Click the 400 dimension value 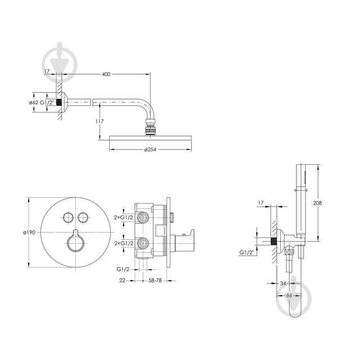[106, 74]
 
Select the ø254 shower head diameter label [150, 150]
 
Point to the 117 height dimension [100, 121]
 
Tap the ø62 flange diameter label [34, 102]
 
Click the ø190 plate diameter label [29, 232]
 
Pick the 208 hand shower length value [317, 203]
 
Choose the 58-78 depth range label [155, 280]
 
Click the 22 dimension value [122, 280]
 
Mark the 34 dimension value [283, 283]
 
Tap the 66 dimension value [289, 295]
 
